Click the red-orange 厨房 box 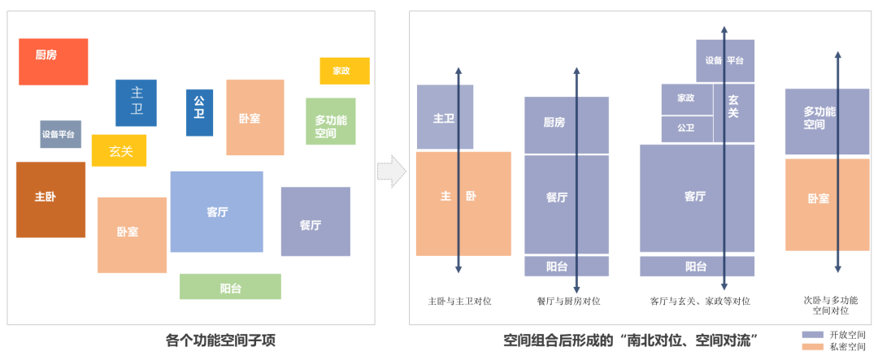coord(53,62)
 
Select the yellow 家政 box coord(345,71)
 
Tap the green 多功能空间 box coord(331,121)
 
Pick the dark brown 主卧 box coord(50,199)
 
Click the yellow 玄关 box coord(119,151)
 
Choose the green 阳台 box coord(230,286)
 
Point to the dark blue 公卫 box coord(199,112)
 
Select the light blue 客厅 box coord(216,211)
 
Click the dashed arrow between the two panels coord(392,171)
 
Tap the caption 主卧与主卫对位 coord(459,301)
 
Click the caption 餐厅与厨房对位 coord(568,301)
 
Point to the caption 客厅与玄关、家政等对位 coord(699,301)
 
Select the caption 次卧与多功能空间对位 coord(830,306)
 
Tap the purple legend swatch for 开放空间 coord(813,335)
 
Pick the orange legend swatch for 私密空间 coord(813,347)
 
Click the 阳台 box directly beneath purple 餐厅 coord(567,267)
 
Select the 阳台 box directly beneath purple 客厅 coord(697,267)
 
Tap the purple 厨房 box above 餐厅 coord(567,124)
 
